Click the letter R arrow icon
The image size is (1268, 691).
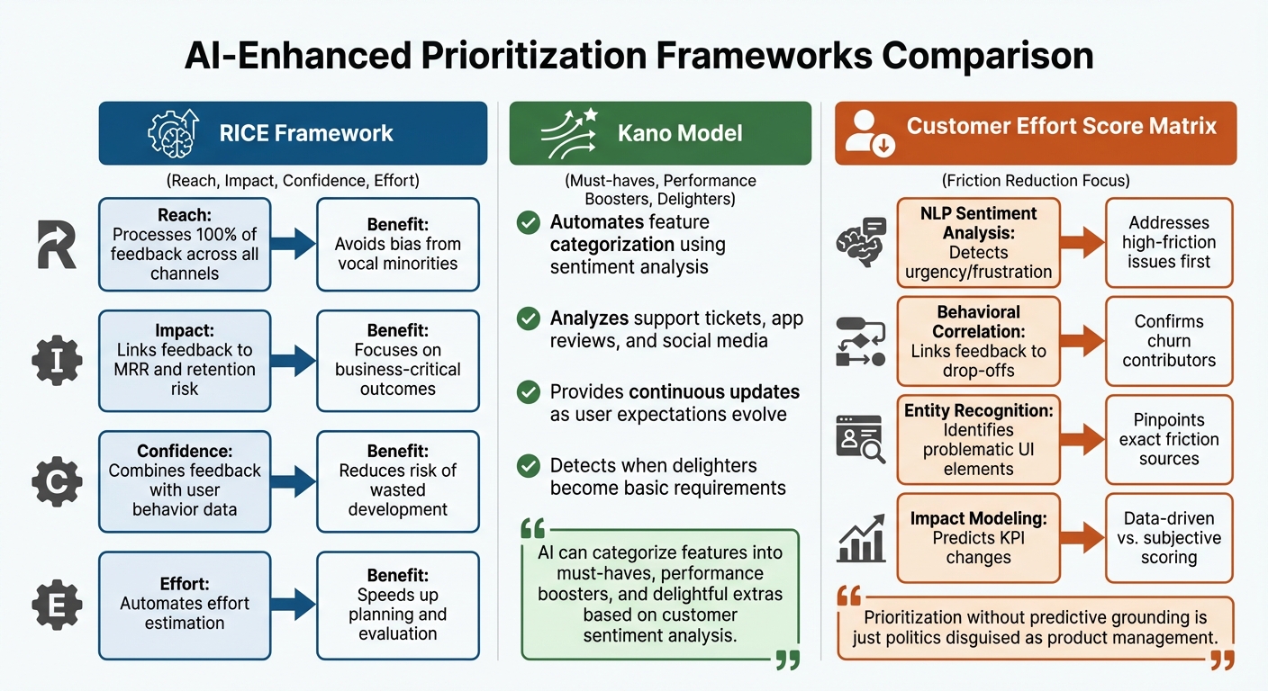pos(56,244)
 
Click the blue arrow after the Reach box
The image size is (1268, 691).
pos(294,244)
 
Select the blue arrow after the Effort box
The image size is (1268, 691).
pos(294,604)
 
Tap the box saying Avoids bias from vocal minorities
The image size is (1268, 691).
pos(397,244)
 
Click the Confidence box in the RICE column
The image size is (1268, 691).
pos(185,480)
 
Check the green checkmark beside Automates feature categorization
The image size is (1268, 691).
pos(529,223)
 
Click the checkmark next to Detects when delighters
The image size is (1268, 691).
pos(529,466)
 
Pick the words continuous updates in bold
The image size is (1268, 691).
pos(713,393)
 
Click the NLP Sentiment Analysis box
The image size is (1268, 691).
pos(978,243)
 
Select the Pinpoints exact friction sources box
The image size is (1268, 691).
pos(1168,439)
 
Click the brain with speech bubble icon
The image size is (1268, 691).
pos(861,241)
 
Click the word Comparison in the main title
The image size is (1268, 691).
pos(988,56)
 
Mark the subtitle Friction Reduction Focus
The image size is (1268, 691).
pos(1035,180)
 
